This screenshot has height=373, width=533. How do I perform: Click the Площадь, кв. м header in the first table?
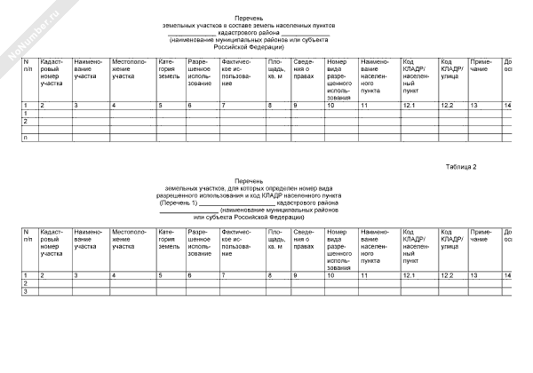click(277, 74)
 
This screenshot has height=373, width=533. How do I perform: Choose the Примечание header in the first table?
click(481, 70)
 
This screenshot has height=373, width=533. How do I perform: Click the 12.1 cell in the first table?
click(409, 106)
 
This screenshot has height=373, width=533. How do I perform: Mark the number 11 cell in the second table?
click(365, 275)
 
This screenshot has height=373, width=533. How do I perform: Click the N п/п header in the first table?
click(28, 70)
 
